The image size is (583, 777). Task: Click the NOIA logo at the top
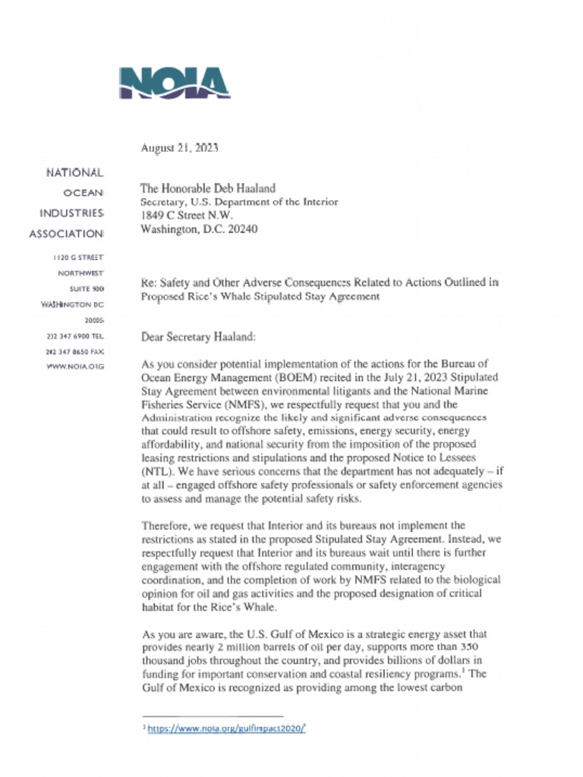click(174, 83)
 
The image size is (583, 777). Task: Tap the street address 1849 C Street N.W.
click(188, 215)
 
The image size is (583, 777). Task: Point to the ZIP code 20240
click(242, 229)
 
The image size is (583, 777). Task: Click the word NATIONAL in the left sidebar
click(74, 174)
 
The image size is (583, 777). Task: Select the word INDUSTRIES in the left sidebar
click(71, 213)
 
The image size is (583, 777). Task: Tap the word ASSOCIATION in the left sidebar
click(66, 234)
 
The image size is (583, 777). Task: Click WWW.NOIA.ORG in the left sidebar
click(75, 367)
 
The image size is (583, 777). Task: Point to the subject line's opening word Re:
click(149, 282)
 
